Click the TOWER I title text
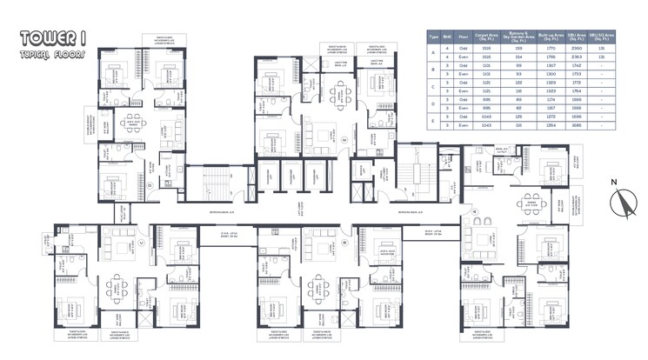pyautogui.click(x=48, y=37)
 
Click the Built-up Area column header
pyautogui.click(x=546, y=37)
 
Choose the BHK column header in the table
pyautogui.click(x=447, y=37)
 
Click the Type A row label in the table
pyautogui.click(x=432, y=54)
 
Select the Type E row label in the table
pyautogui.click(x=432, y=119)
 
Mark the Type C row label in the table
pyautogui.click(x=432, y=87)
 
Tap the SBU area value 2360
pyautogui.click(x=575, y=50)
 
